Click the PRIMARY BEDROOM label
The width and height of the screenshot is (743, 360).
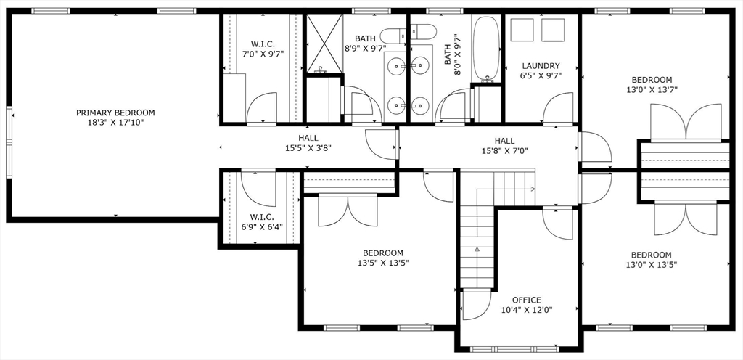tap(115, 112)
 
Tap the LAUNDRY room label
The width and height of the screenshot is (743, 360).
tap(541, 66)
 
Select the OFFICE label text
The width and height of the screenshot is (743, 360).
tap(527, 300)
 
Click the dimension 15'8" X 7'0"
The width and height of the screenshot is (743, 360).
tap(505, 151)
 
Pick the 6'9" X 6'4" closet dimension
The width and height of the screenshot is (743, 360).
tap(261, 227)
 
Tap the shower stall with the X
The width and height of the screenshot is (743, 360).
tap(324, 44)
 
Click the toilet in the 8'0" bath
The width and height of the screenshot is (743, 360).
tap(423, 32)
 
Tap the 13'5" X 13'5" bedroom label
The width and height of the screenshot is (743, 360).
tap(383, 253)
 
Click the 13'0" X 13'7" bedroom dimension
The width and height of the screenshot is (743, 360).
tap(651, 90)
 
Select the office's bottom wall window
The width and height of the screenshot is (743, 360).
tap(514, 350)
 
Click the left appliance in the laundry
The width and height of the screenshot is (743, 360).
tap(522, 30)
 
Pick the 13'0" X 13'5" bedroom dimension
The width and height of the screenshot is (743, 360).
tap(651, 265)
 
